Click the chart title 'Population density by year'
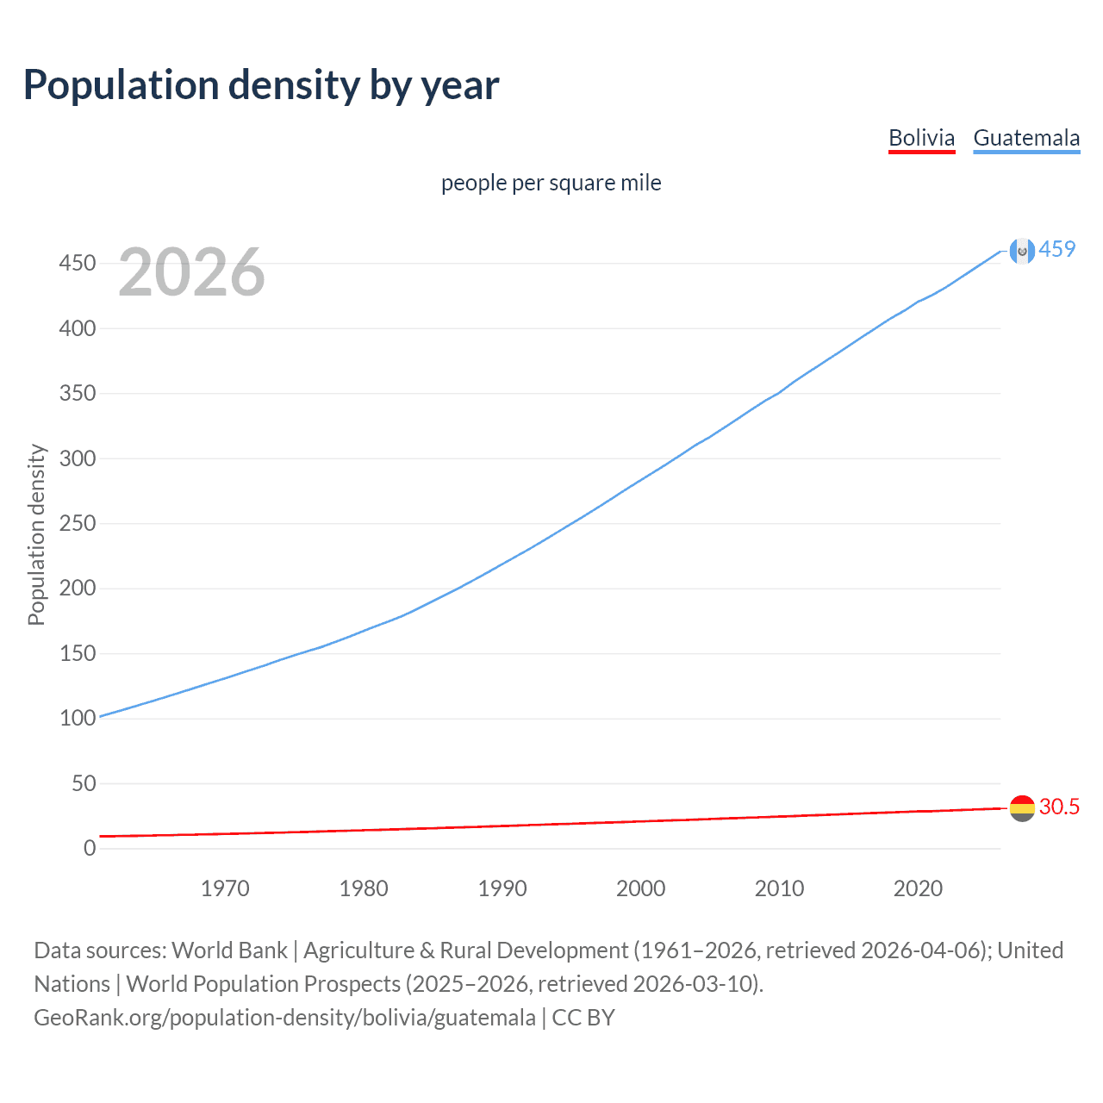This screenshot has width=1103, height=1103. click(x=261, y=84)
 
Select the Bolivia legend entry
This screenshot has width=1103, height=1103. click(x=921, y=138)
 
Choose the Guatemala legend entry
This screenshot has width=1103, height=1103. click(x=1025, y=138)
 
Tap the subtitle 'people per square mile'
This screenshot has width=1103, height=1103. click(x=551, y=183)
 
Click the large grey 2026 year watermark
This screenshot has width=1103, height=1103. click(x=191, y=272)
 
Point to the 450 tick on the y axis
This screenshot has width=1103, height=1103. click(x=78, y=263)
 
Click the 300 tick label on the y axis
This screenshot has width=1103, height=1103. click(x=78, y=458)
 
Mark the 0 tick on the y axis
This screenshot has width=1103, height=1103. click(x=90, y=849)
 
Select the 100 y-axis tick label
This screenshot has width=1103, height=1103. click(x=78, y=719)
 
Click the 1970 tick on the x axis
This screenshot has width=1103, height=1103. click(x=225, y=888)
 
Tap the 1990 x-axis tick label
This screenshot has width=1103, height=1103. click(x=502, y=888)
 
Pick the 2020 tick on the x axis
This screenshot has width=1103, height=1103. click(x=918, y=888)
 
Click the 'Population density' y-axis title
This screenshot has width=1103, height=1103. click(x=36, y=534)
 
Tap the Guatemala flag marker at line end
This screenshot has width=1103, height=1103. click(x=1022, y=251)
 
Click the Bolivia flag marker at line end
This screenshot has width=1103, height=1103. click(x=1022, y=808)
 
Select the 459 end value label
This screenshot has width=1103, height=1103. click(x=1057, y=249)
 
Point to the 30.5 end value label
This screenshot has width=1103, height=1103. click(x=1059, y=807)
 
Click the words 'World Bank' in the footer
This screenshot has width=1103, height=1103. click(x=229, y=950)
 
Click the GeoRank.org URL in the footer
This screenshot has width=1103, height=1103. click(x=284, y=1018)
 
